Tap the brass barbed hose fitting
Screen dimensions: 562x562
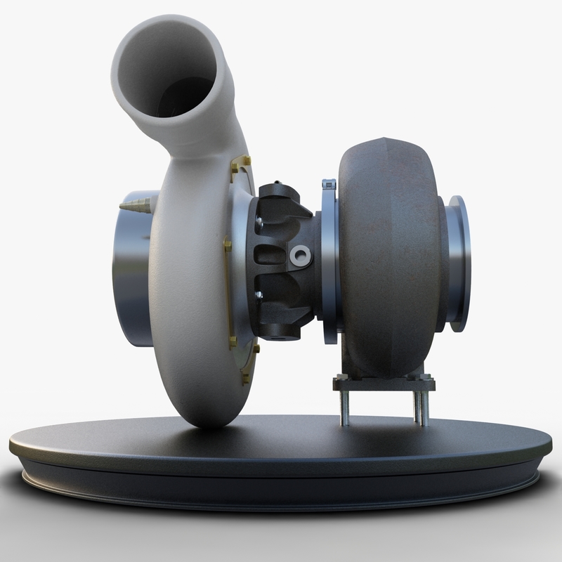pyautogui.click(x=135, y=207)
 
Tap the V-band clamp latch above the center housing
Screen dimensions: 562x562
pyautogui.click(x=329, y=185)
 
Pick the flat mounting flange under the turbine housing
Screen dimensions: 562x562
pyautogui.click(x=384, y=384)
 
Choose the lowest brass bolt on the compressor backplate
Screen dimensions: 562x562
pyautogui.click(x=245, y=379)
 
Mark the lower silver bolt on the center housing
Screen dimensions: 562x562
pyautogui.click(x=259, y=296)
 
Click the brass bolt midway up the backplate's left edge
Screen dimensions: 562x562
pyautogui.click(x=227, y=245)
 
